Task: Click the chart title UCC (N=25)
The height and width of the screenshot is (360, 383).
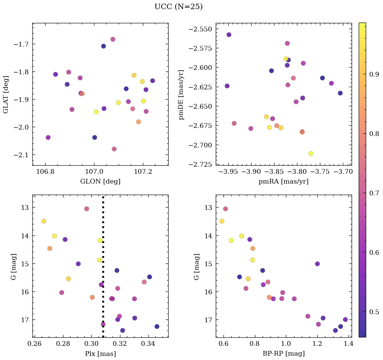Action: (x=178, y=7)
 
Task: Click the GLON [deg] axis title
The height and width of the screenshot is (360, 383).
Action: (x=100, y=182)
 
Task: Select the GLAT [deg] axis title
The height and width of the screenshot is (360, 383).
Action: (x=6, y=94)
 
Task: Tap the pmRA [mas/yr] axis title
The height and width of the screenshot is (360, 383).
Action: (x=283, y=182)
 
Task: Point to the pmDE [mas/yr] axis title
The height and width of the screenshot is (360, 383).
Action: (x=182, y=94)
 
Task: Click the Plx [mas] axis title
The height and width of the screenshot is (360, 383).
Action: (x=100, y=354)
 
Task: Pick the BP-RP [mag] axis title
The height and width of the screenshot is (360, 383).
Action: (x=283, y=354)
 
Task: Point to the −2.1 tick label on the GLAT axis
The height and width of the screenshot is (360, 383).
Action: (x=21, y=155)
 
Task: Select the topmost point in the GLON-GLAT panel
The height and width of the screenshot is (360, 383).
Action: (x=113, y=39)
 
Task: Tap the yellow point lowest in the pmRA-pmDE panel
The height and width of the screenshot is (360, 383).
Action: (x=311, y=154)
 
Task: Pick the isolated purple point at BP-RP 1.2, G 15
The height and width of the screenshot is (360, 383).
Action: (x=317, y=264)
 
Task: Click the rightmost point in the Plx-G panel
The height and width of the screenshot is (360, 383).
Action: (x=157, y=326)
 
